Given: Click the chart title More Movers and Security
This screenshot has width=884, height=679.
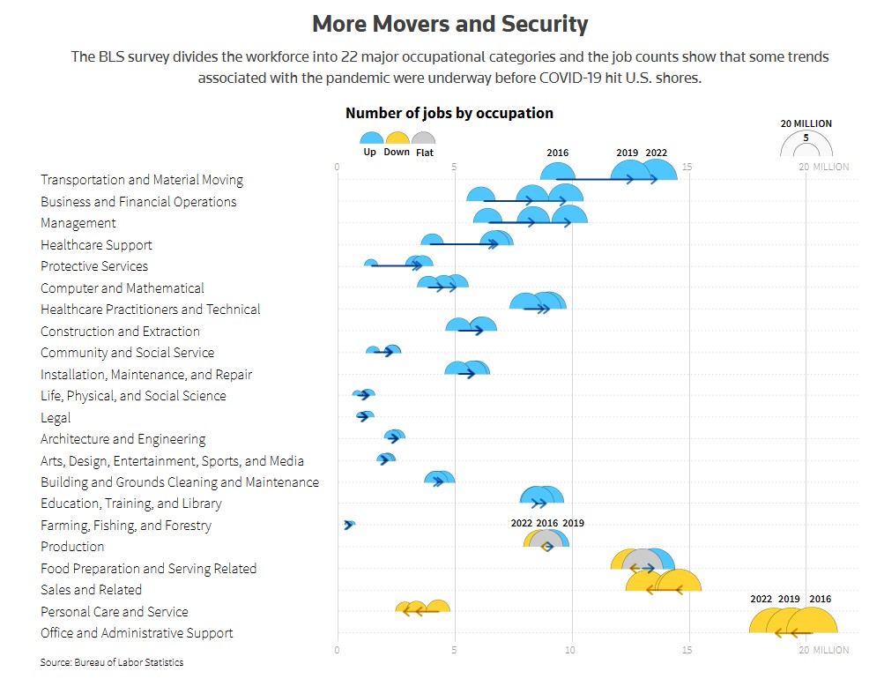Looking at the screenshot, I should pos(450,23).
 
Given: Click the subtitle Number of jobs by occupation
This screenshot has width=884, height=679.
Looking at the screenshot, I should pos(449,113).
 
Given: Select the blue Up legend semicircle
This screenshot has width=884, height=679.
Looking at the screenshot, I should pos(371,138).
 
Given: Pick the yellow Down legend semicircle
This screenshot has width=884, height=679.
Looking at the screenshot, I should pos(397,138).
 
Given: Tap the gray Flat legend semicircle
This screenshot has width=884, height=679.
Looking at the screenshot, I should pos(424,138).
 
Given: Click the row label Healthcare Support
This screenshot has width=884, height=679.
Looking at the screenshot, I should pos(96,245).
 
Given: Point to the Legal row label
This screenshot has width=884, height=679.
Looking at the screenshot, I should pos(56,418).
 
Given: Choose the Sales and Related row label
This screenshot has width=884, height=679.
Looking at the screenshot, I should pos(91,590).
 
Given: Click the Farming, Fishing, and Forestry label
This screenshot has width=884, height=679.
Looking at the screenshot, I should pos(126,526).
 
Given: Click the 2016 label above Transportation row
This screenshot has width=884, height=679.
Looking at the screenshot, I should pos(557,153).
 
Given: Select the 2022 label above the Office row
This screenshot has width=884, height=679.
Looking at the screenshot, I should pos(761,600).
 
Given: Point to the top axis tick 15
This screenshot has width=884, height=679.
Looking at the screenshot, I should pos(687,167).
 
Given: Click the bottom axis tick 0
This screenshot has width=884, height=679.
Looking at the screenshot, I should pos(338,651).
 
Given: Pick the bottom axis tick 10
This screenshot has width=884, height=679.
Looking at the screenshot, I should pos(570,651).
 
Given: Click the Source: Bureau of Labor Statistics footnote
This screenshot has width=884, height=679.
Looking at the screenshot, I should pos(112,662).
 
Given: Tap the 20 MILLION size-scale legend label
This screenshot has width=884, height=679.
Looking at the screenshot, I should pos(806,123).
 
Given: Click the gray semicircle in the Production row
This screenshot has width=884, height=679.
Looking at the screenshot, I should pos(547,540).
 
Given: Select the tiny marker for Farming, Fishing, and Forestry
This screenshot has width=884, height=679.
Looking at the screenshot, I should pos(349,525).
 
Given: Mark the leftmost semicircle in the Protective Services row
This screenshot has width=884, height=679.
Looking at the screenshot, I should pos(371,264).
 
